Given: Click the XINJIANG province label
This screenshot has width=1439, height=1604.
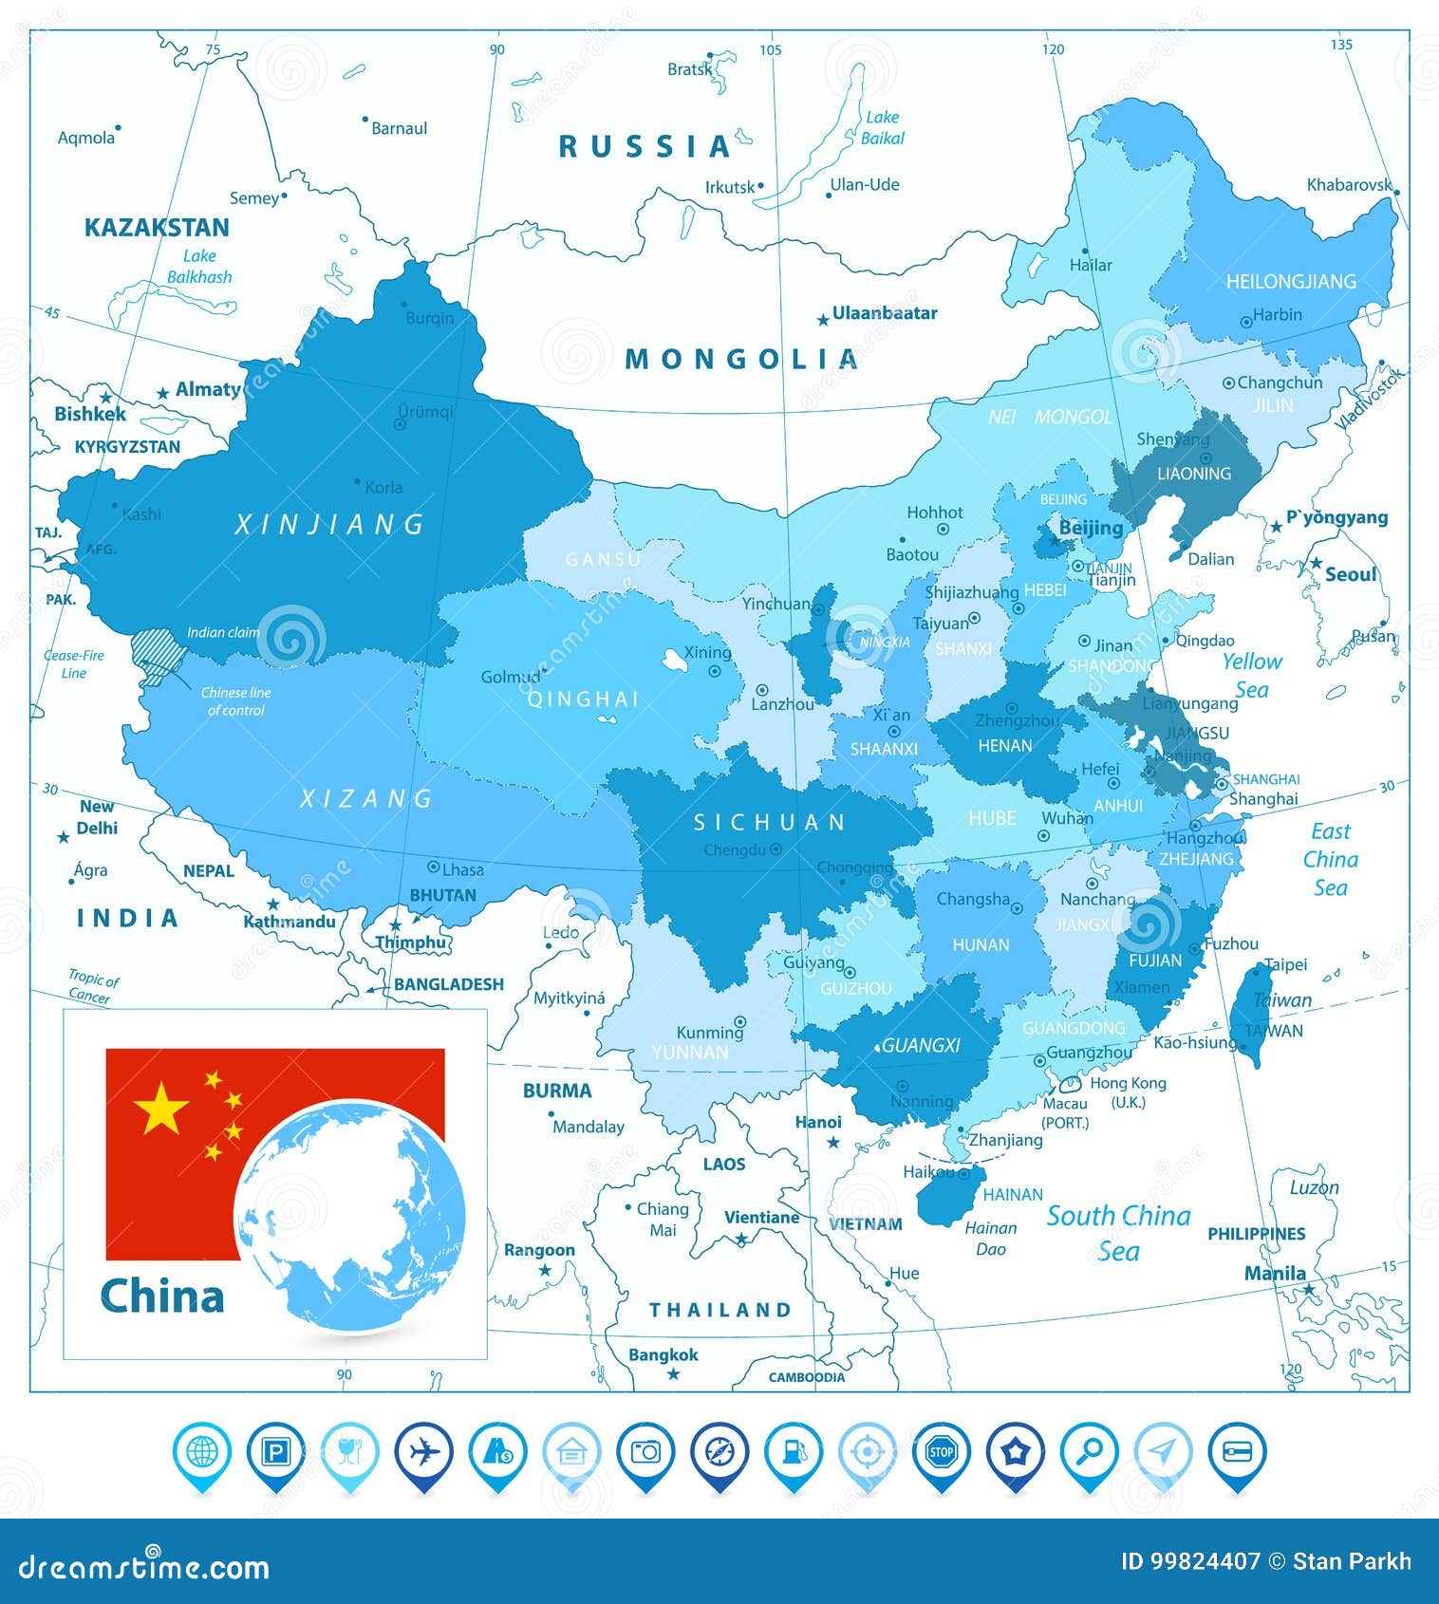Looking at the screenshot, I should pyautogui.click(x=329, y=525).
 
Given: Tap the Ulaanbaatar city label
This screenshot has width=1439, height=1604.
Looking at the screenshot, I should pyautogui.click(x=884, y=313).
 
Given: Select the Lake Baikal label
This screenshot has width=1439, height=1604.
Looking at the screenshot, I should pyautogui.click(x=882, y=127).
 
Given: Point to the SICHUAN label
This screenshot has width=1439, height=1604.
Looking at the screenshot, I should pyautogui.click(x=769, y=823).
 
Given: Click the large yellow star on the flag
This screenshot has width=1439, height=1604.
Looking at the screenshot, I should pyautogui.click(x=161, y=1108).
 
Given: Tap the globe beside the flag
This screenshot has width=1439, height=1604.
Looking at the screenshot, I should pyautogui.click(x=350, y=1215).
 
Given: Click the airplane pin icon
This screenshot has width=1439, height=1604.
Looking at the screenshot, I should pyautogui.click(x=423, y=1452).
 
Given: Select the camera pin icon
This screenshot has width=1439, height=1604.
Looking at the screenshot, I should pyautogui.click(x=645, y=1452).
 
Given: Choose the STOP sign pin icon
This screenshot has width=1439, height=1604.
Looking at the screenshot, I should pyautogui.click(x=941, y=1452).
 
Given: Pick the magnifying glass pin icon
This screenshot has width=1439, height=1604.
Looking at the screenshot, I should pyautogui.click(x=1090, y=1452).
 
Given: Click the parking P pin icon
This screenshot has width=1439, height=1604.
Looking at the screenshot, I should pyautogui.click(x=275, y=1452).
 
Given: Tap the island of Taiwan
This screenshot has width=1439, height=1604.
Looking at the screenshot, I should pyautogui.click(x=1250, y=1016).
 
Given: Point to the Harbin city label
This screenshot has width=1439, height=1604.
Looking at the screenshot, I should pyautogui.click(x=1277, y=315).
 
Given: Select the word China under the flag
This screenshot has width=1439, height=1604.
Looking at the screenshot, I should pyautogui.click(x=162, y=1296).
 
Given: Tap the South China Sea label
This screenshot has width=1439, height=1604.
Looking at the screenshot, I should pyautogui.click(x=1118, y=1233).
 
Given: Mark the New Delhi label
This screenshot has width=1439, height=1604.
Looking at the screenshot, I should pyautogui.click(x=97, y=817).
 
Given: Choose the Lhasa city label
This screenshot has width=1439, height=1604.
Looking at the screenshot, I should pyautogui.click(x=462, y=869).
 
